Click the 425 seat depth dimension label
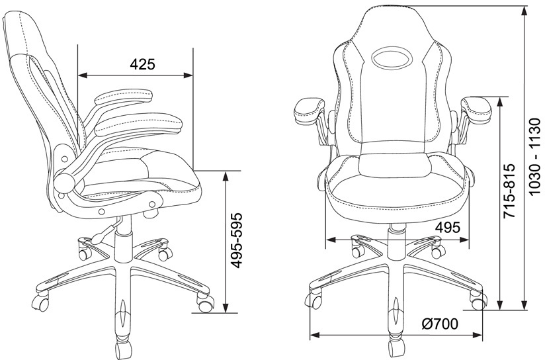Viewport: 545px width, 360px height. click(142, 64)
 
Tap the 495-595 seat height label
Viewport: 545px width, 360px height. click(237, 240)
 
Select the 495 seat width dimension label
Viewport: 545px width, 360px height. click(448, 228)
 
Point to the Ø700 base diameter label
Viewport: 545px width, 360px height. click(440, 324)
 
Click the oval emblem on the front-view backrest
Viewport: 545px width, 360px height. click(392, 58)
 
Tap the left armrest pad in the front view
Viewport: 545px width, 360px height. click(309, 111)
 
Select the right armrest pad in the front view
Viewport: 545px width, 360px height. click(476, 110)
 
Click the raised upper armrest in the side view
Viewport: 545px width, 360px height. click(123, 98)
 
